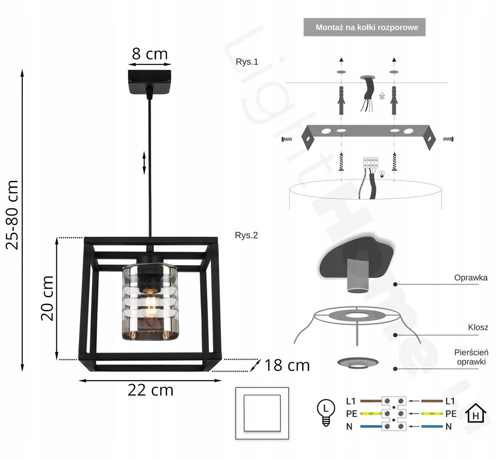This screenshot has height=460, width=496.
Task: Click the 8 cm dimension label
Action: pyautogui.click(x=150, y=54)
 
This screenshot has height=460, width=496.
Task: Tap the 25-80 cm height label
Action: pyautogui.click(x=13, y=215)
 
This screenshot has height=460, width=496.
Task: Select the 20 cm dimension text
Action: pyautogui.click(x=47, y=298)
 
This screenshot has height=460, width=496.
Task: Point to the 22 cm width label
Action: pyautogui.click(x=150, y=390)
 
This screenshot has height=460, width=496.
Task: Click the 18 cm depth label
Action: pyautogui.click(x=287, y=366)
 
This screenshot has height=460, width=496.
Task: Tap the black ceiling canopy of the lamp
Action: pyautogui.click(x=150, y=82)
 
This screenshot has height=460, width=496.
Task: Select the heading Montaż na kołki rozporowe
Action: pyautogui.click(x=367, y=28)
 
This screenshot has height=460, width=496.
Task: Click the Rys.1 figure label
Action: pyautogui.click(x=247, y=61)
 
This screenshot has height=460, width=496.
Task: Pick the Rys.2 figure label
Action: pyautogui.click(x=247, y=236)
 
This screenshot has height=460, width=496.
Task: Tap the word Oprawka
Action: pyautogui.click(x=471, y=278)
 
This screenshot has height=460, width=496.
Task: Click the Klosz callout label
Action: pyautogui.click(x=478, y=327)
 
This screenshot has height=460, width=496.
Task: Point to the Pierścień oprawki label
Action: pyautogui.click(x=471, y=357)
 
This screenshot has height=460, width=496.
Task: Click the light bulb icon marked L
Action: pyautogui.click(x=326, y=412)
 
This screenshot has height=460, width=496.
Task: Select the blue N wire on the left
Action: pyautogui.click(x=371, y=427)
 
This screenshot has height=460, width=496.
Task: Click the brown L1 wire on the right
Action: pyautogui.click(x=432, y=401)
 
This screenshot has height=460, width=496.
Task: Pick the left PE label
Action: pyautogui.click(x=352, y=414)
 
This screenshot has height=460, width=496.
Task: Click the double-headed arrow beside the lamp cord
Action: pyautogui.click(x=144, y=163)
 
